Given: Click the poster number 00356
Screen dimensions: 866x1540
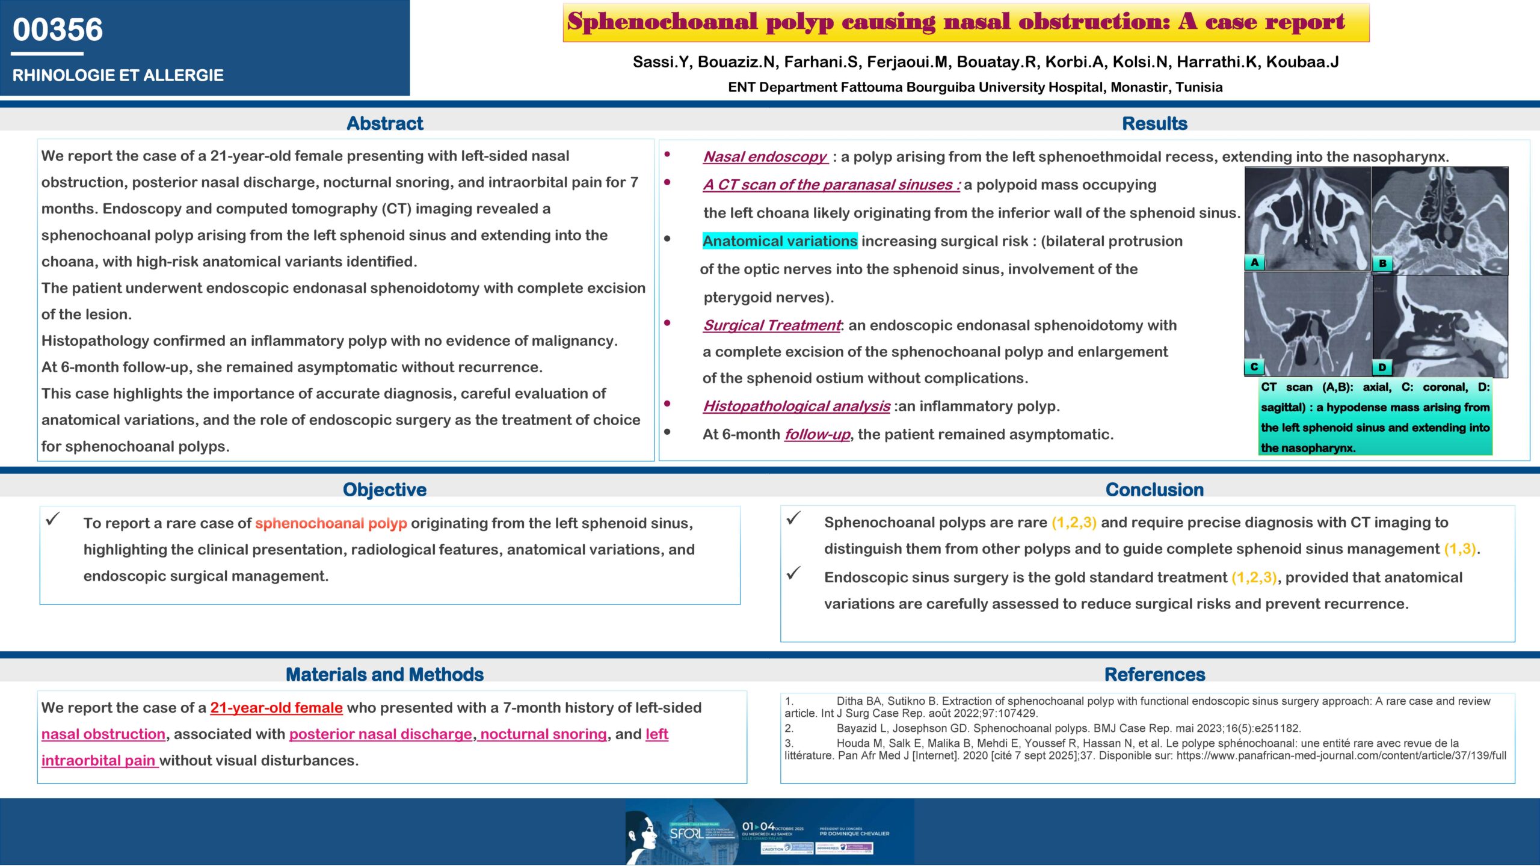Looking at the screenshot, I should click(58, 29).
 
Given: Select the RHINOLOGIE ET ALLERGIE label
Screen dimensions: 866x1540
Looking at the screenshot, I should click(118, 75).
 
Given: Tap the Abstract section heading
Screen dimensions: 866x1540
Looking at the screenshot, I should click(385, 123).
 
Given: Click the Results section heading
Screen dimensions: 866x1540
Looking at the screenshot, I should click(1154, 123).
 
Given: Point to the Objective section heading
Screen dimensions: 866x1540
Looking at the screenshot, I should click(384, 490).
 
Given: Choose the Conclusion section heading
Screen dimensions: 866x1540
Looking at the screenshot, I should click(1154, 490).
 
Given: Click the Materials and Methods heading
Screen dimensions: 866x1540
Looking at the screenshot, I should click(384, 675).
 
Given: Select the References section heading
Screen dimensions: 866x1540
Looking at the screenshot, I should click(1154, 675).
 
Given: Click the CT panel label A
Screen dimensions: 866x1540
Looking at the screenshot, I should click(1254, 262).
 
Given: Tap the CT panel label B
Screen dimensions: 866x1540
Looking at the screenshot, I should click(1382, 263).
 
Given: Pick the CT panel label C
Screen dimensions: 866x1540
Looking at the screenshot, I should click(1254, 366).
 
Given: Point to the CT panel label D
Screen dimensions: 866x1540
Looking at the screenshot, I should click(1382, 367).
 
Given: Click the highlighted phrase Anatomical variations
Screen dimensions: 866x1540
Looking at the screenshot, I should click(780, 241).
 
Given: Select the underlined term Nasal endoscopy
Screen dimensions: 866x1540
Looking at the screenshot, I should click(765, 157).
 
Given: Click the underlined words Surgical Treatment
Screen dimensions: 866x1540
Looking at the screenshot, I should click(772, 325).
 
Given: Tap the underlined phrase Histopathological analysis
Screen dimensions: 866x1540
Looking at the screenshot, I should click(796, 407).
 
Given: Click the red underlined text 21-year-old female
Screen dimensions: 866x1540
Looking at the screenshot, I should click(276, 708).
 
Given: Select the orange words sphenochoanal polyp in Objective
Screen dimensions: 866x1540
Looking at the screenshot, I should click(331, 523).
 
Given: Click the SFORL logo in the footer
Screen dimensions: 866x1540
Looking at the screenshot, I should click(686, 834).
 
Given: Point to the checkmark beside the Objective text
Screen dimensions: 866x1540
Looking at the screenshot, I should click(53, 518).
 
